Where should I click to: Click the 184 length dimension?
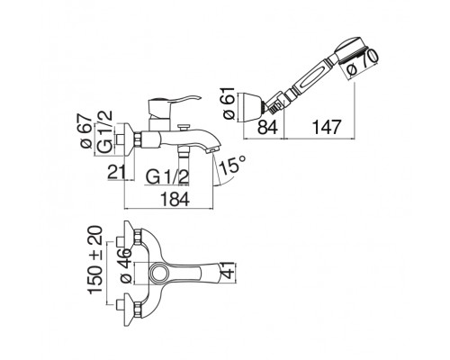175,199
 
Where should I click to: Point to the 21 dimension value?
116,172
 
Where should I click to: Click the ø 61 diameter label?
229,103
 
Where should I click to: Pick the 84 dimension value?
268,127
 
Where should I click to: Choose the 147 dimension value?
327,127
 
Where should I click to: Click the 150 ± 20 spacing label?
95,260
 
